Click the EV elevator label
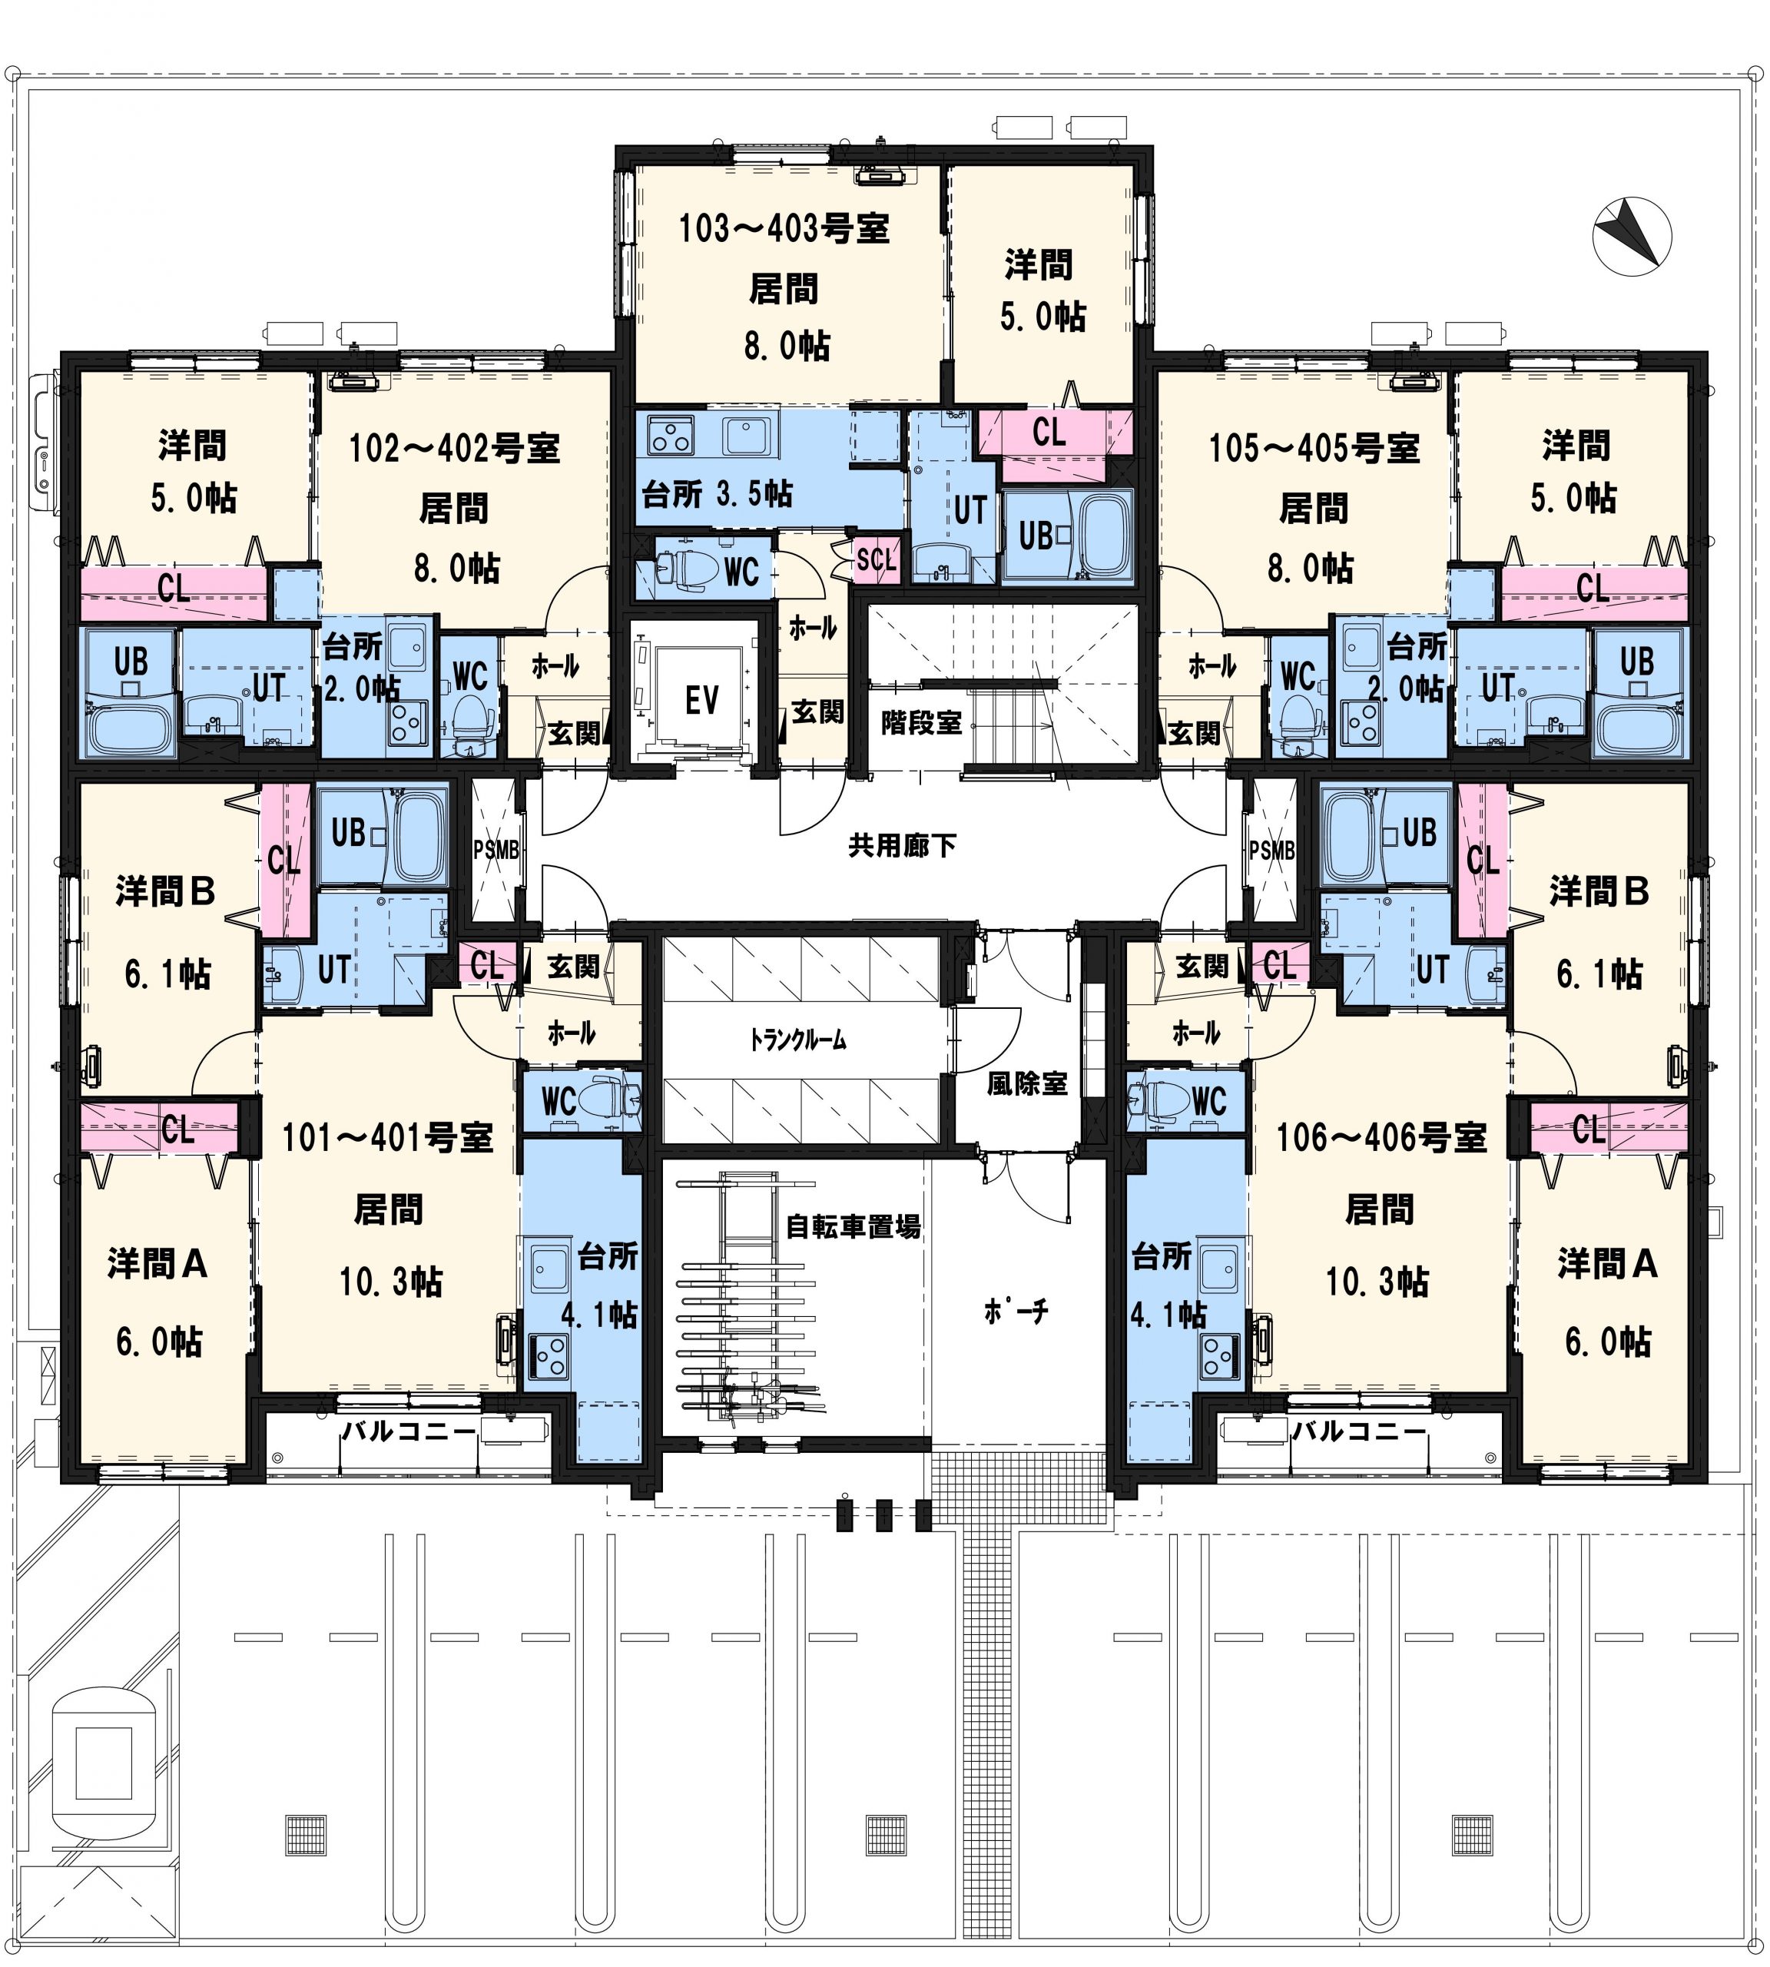701,698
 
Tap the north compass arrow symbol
1631,237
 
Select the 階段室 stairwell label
921,721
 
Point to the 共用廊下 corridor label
903,844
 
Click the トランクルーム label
797,1040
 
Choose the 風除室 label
1027,1083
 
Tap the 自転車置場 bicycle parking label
853,1226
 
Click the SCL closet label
875,559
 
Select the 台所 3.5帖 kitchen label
717,493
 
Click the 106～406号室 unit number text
1381,1136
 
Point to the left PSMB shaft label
496,849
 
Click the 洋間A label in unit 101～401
157,1264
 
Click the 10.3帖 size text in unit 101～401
391,1281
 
